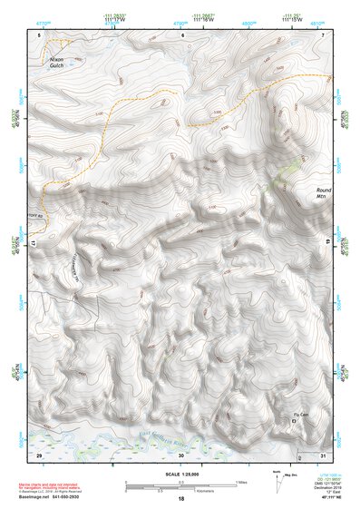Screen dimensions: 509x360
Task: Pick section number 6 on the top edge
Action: (x=182, y=35)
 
